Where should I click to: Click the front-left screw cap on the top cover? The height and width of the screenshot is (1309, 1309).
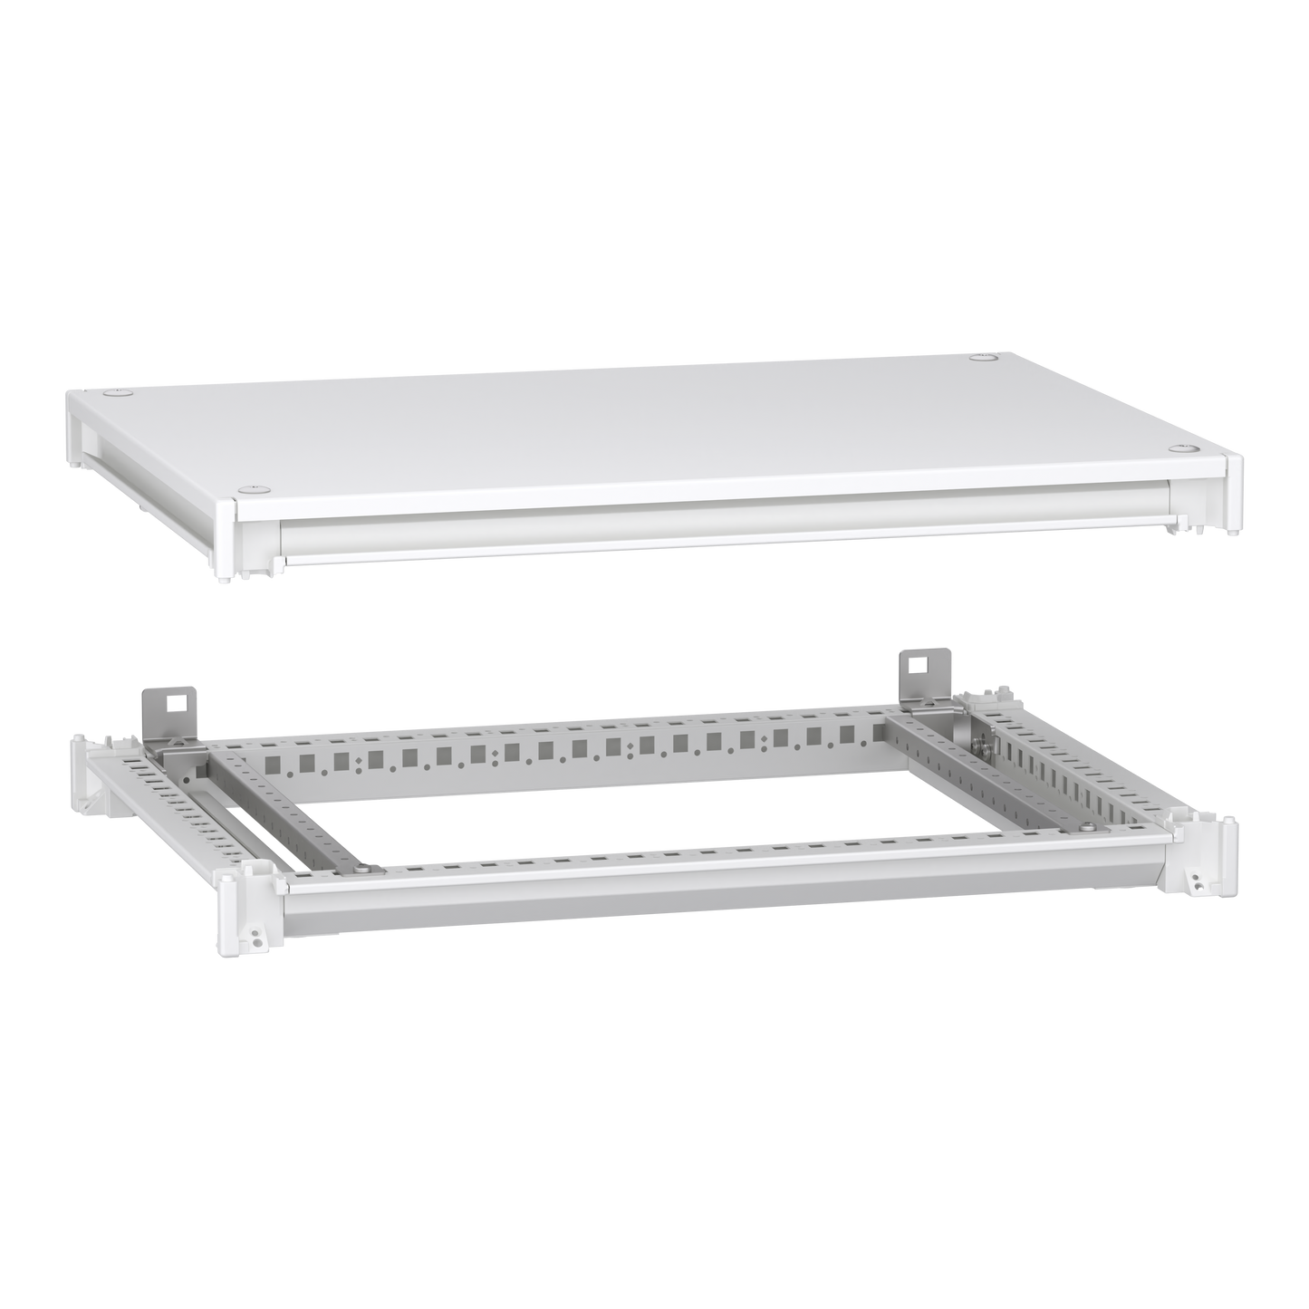(243, 488)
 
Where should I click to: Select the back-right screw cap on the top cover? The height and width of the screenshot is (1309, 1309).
(981, 360)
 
